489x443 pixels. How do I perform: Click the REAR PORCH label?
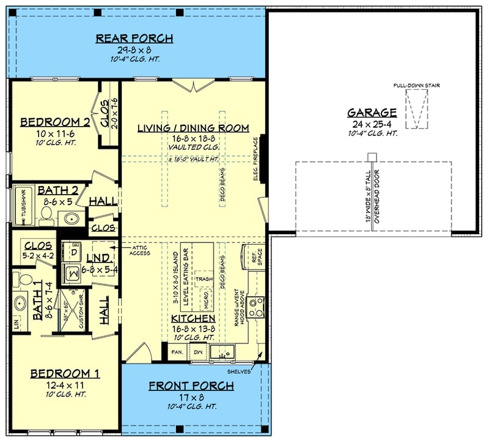click(134, 39)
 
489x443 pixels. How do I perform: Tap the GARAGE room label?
click(372, 113)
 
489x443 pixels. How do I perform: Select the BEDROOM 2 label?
click(56, 122)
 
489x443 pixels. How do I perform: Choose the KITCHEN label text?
click(193, 319)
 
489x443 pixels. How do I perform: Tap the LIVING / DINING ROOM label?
click(193, 128)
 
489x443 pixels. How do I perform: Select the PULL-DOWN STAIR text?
click(417, 86)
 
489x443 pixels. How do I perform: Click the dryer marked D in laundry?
click(75, 251)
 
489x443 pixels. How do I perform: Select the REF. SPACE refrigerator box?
click(253, 258)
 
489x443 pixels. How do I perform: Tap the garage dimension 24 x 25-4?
click(372, 123)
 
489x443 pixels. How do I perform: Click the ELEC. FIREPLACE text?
click(257, 164)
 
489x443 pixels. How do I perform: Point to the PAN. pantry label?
click(177, 353)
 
